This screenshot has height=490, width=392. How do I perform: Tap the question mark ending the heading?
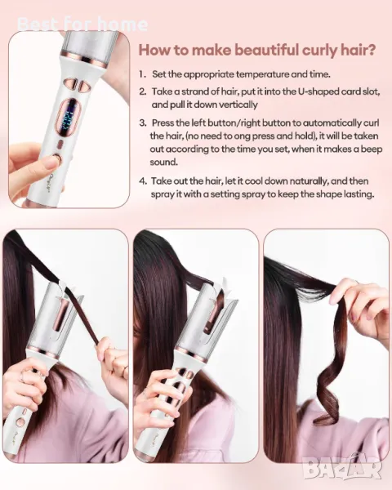[x=371, y=50]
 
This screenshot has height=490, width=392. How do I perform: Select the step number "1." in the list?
[x=143, y=74]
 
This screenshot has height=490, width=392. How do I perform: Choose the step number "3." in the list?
[x=143, y=122]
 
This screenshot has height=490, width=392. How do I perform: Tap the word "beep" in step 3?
[x=372, y=149]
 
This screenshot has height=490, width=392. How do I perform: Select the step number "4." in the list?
[x=143, y=181]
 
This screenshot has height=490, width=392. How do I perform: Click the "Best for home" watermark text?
[x=82, y=24]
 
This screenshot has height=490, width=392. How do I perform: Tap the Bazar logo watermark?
[x=343, y=468]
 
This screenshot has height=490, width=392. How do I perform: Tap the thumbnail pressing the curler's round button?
[x=50, y=163]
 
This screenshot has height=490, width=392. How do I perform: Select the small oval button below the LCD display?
[x=60, y=145]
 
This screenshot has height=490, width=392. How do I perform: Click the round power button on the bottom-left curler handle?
[x=20, y=423]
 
